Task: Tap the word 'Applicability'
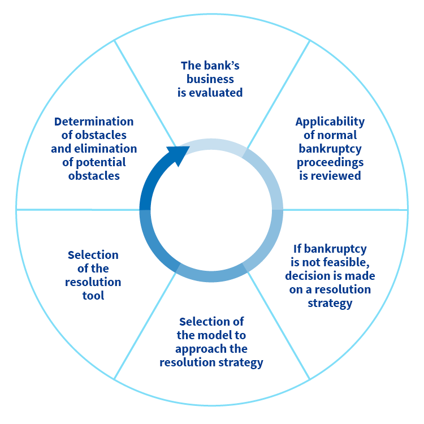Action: click(x=330, y=122)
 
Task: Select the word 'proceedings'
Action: click(x=330, y=162)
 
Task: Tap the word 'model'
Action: click(x=214, y=335)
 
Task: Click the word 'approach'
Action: click(x=201, y=349)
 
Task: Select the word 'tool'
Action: click(x=93, y=296)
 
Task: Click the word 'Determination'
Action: click(x=94, y=122)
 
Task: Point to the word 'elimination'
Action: click(x=106, y=149)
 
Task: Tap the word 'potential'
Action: click(x=100, y=162)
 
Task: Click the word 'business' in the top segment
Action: click(x=210, y=79)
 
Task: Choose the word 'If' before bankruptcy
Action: click(x=297, y=249)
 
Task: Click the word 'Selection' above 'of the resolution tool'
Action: click(x=93, y=255)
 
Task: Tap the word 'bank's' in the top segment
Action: click(x=222, y=66)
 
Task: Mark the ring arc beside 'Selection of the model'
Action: click(x=211, y=276)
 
